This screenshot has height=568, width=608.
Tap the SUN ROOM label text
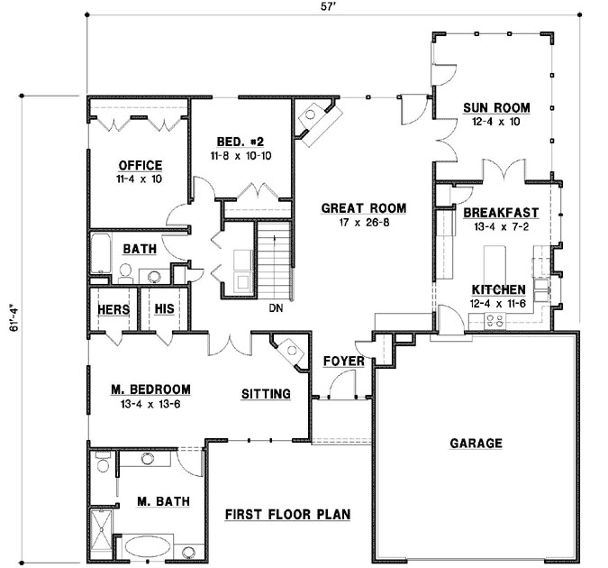[496, 108]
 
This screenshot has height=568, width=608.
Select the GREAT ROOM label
[364, 208]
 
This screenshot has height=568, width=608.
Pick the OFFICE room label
[140, 166]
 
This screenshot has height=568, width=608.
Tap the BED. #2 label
[240, 142]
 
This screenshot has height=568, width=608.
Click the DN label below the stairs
[277, 308]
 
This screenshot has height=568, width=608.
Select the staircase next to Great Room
[275, 261]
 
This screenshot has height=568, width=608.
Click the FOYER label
[343, 362]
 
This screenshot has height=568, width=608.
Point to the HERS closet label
[113, 310]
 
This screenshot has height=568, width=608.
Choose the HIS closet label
[163, 310]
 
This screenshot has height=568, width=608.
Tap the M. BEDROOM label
[150, 389]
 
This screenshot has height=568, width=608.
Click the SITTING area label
[266, 394]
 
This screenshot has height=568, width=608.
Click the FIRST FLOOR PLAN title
[287, 515]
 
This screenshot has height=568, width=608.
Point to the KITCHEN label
[499, 289]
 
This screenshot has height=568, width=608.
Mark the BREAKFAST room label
[501, 213]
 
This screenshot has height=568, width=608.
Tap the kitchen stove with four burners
[495, 319]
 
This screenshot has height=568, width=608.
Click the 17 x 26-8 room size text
[364, 222]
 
